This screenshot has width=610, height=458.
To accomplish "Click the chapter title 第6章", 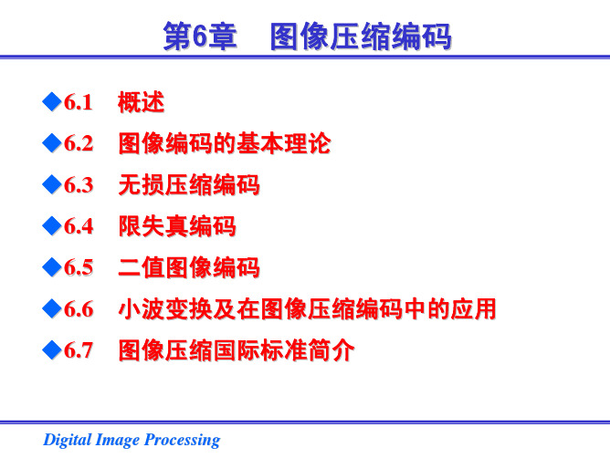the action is click(x=200, y=36).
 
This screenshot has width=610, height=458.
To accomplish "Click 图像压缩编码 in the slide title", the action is click(x=361, y=36).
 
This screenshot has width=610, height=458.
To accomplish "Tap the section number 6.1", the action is click(x=79, y=102).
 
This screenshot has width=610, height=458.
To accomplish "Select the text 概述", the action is click(x=142, y=102).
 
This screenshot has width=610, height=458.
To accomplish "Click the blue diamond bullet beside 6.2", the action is click(x=52, y=142).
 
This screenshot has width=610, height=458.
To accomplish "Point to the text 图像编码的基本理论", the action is click(x=225, y=143).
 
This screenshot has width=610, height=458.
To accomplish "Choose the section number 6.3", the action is click(x=79, y=184).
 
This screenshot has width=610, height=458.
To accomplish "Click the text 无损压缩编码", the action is click(x=189, y=184).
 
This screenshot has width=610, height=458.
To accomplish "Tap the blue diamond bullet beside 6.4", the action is click(x=52, y=225).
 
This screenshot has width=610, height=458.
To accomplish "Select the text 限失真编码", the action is click(x=177, y=226).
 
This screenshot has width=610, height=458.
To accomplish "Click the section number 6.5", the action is click(x=79, y=267).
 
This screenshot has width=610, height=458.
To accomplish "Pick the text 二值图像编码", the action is click(x=189, y=267).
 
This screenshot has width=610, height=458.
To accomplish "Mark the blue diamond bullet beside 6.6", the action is click(x=52, y=308).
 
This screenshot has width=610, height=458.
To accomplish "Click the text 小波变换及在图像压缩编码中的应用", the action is click(x=308, y=309).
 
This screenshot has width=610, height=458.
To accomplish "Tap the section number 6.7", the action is click(x=79, y=350).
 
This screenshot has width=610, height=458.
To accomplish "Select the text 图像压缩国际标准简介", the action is click(x=237, y=350).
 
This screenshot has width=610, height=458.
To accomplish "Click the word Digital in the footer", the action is click(x=67, y=440).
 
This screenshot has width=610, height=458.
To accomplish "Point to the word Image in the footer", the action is click(x=117, y=440).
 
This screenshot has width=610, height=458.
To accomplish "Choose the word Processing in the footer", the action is click(x=182, y=440).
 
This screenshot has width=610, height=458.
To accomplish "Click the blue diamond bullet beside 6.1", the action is click(x=52, y=101).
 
